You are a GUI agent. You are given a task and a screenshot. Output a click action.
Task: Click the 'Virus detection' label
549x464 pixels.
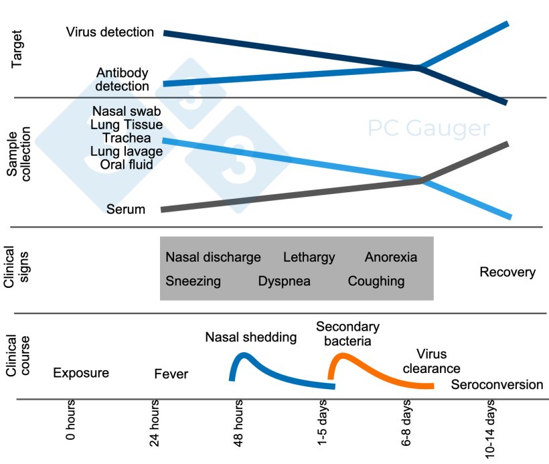click(110, 31)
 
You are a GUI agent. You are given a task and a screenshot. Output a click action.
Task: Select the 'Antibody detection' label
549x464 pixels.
click(122, 79)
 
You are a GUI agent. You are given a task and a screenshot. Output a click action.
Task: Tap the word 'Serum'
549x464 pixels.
click(125, 210)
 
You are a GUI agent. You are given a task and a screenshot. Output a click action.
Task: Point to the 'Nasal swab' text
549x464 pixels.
click(127, 110)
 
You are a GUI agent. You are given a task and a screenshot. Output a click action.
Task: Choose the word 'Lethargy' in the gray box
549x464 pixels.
click(309, 257)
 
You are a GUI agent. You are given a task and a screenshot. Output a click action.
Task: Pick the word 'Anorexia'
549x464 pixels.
click(390, 257)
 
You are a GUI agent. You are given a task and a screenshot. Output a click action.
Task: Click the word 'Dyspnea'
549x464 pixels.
click(284, 281)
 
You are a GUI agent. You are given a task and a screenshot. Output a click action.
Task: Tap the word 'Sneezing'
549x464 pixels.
click(193, 281)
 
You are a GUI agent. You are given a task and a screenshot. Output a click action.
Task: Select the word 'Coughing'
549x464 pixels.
click(376, 281)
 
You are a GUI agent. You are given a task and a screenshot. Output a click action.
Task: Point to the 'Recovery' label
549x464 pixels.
click(507, 272)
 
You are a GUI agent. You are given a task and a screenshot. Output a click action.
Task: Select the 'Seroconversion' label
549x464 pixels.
click(497, 385)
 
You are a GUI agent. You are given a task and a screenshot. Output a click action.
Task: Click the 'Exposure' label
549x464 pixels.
click(80, 373)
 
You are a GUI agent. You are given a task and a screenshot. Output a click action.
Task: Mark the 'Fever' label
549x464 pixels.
click(171, 374)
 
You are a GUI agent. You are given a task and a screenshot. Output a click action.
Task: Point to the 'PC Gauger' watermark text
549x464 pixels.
click(429, 128)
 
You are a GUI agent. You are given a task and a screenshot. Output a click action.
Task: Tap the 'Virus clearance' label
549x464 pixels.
click(429, 361)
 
